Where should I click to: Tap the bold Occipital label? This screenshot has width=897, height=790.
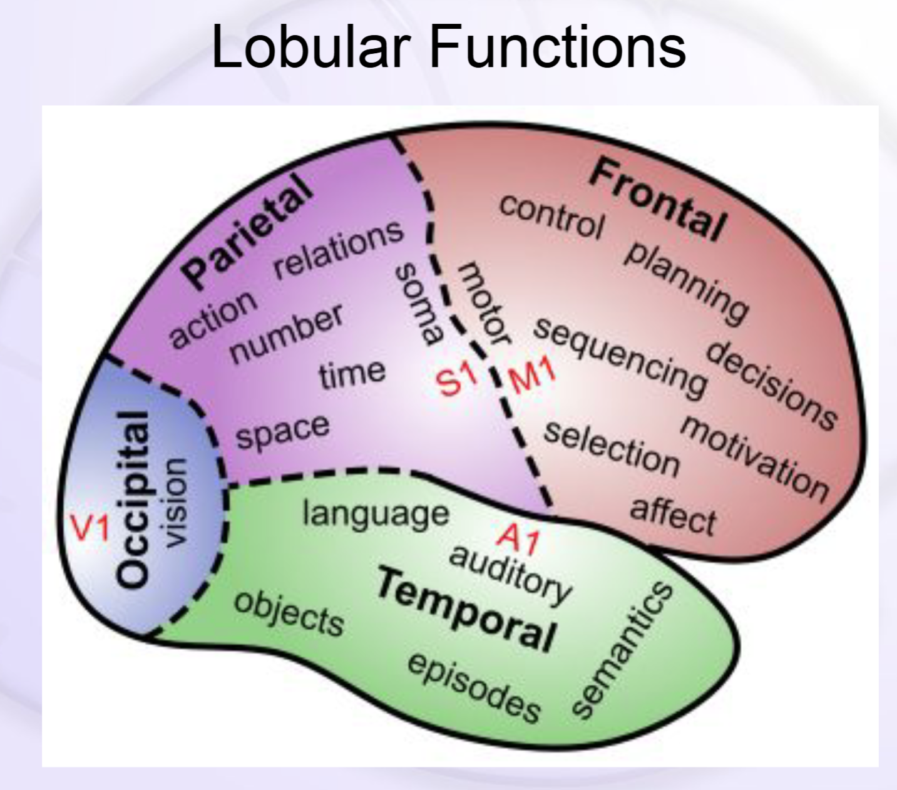coord(134,500)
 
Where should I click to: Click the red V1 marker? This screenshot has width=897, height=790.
coord(89,528)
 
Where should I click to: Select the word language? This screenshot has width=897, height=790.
coord(376,514)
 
